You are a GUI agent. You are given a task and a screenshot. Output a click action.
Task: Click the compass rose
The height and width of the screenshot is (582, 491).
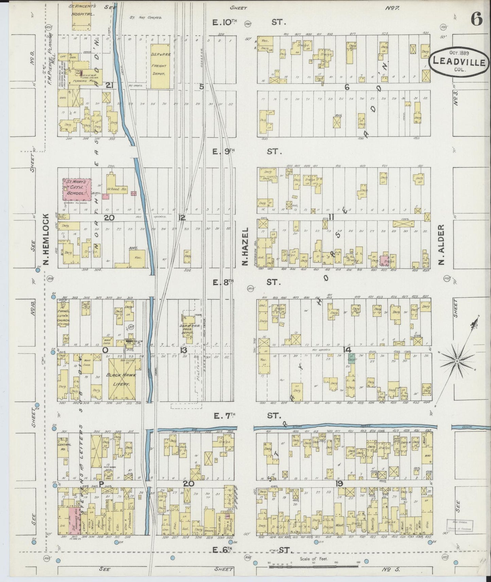(x=458, y=361)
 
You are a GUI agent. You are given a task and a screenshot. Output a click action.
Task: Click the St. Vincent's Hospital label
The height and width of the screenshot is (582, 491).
(x=83, y=10)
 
